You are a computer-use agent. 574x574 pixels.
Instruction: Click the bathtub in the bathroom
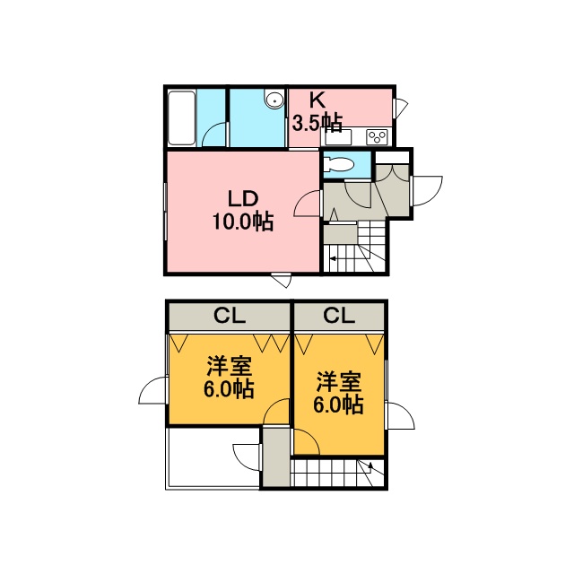(181, 117)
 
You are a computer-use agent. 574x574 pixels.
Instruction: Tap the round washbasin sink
(274, 100)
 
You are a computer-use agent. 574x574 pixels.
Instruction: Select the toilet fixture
(339, 164)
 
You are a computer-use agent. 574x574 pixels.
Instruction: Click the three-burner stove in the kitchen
(377, 137)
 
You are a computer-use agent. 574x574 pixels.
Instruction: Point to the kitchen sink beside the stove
(337, 137)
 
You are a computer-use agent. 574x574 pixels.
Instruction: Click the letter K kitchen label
(317, 100)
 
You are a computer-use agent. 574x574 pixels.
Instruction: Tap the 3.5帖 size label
(317, 124)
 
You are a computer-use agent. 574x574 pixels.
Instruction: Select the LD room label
(243, 199)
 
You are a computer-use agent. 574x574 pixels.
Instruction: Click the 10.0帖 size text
(243, 222)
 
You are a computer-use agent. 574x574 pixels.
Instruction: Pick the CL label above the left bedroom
(230, 315)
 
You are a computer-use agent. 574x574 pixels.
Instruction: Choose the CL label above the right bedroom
(339, 315)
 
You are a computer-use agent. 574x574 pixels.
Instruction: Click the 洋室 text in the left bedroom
(230, 366)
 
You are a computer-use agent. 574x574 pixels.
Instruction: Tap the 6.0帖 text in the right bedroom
(338, 404)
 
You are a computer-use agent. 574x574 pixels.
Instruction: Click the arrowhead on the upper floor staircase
(370, 466)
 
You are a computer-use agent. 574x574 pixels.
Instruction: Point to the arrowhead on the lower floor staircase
(333, 259)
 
